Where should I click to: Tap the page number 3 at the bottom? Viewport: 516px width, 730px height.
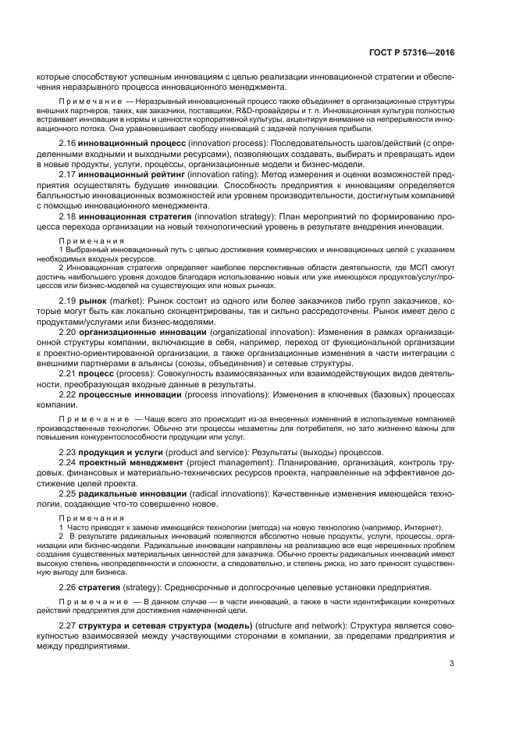click(x=452, y=664)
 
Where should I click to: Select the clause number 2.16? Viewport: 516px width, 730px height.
click(x=68, y=144)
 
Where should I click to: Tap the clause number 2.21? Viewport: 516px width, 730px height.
click(x=68, y=374)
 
